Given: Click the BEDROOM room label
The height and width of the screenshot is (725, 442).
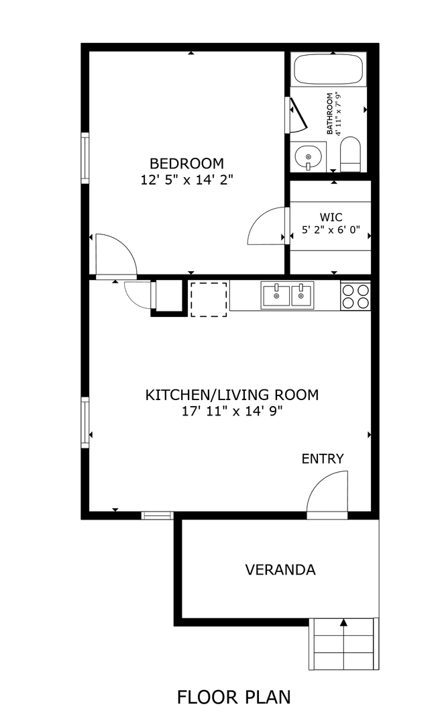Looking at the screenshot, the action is coord(186,163).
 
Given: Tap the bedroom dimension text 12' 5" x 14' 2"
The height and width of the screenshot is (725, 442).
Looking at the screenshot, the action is coord(186,179).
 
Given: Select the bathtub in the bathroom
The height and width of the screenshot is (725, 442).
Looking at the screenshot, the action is coord(329,69).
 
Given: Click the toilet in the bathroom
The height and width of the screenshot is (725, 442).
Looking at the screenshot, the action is coord(350,154).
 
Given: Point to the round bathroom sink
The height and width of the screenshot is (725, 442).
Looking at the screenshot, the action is coord(307,156).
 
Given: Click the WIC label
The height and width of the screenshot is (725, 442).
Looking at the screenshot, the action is coord(331,217).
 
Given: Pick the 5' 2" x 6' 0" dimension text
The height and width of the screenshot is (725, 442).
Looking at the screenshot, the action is coord(331,230).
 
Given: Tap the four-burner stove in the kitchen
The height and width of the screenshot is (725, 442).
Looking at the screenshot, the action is coord(355,296).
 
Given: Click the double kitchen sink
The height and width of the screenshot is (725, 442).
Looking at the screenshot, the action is coord(287,295).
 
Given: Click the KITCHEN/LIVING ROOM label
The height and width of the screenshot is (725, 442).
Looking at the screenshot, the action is coord(232,395).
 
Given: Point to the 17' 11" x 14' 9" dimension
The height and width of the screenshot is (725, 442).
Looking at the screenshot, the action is coord(232,411).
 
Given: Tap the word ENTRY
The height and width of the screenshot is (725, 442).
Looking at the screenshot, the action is coord(323,458).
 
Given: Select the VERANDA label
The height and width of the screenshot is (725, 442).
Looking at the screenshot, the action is coord(280,570).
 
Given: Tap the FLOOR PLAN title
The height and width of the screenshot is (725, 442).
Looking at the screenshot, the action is coord(233,696).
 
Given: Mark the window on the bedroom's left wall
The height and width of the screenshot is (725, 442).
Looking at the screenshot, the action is coord(85,158).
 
